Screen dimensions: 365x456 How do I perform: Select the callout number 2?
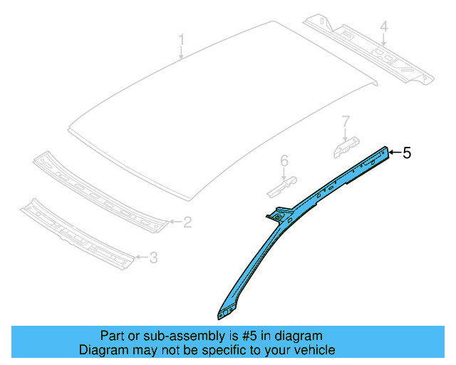click(187, 223)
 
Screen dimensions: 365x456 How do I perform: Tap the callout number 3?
click(153, 258)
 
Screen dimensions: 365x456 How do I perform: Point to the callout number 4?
click(383, 28)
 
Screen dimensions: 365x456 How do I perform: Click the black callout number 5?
click(408, 152)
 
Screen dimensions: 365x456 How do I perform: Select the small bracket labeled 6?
click(279, 187)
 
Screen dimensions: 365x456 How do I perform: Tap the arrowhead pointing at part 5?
click(390, 151)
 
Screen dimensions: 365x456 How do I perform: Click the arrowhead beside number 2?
click(171, 222)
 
